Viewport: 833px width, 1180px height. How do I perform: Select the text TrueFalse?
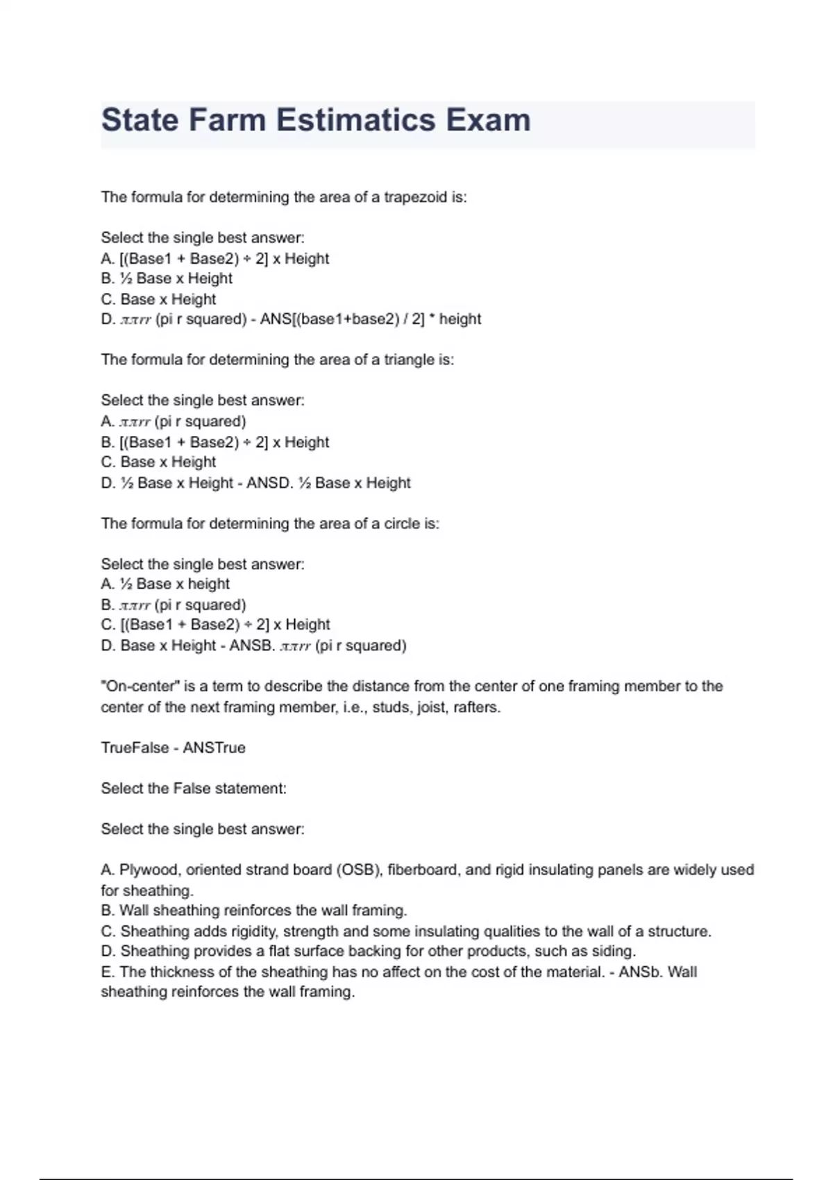[135, 748]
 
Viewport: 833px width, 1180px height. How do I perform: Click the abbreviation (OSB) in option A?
[359, 870]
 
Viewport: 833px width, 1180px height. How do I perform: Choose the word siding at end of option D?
[614, 951]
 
